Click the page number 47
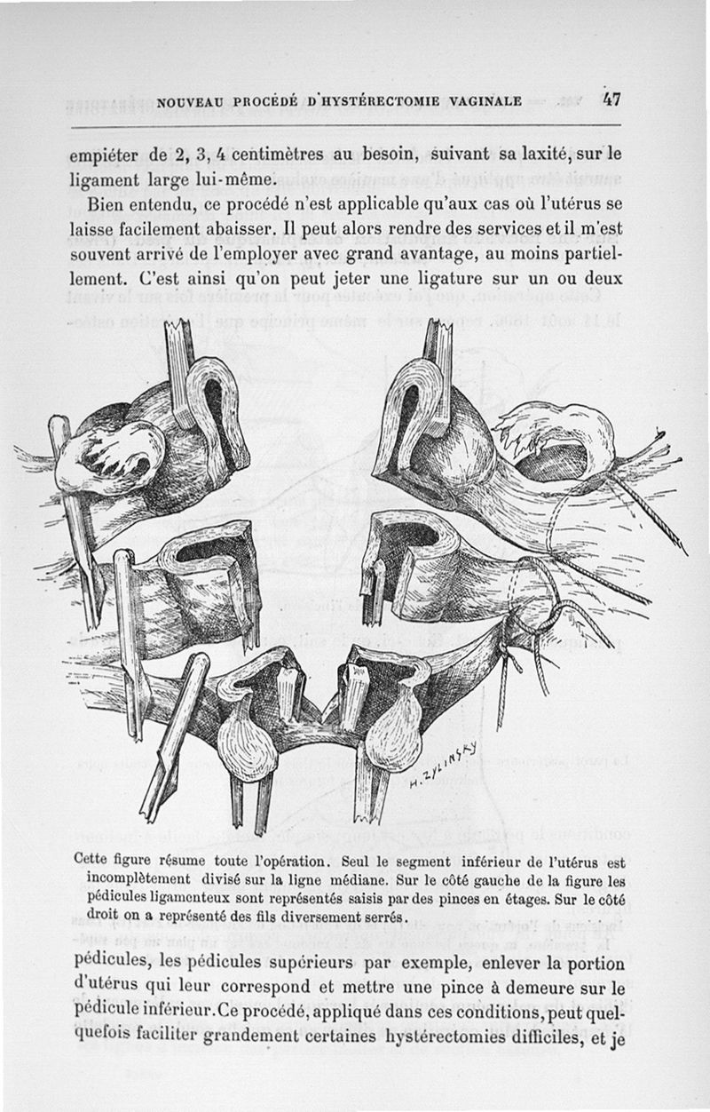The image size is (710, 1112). [x=611, y=99]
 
